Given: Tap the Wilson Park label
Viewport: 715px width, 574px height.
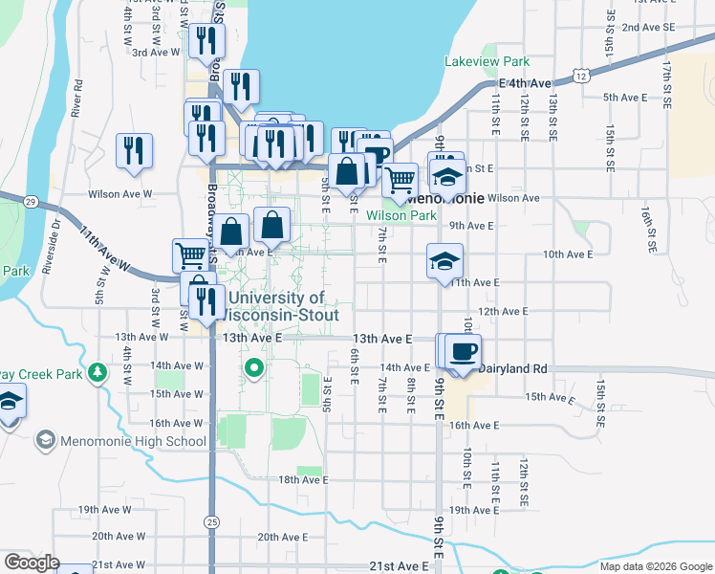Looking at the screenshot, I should (401, 216).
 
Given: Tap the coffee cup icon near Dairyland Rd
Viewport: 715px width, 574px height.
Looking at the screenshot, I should (464, 350).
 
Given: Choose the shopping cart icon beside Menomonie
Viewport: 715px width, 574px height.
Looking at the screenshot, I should (400, 178).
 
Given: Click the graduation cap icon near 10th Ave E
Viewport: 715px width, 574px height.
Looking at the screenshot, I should (444, 261).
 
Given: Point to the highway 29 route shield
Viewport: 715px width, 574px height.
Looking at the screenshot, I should (31, 202).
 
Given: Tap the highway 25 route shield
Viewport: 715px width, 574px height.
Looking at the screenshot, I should (211, 520).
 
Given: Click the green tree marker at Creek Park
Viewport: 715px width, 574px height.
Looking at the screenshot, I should (97, 371).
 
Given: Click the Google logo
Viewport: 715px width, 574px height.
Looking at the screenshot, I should (32, 563).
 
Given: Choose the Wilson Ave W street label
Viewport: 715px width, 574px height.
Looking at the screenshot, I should (119, 194).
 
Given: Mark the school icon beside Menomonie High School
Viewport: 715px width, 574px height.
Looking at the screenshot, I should (45, 440).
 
